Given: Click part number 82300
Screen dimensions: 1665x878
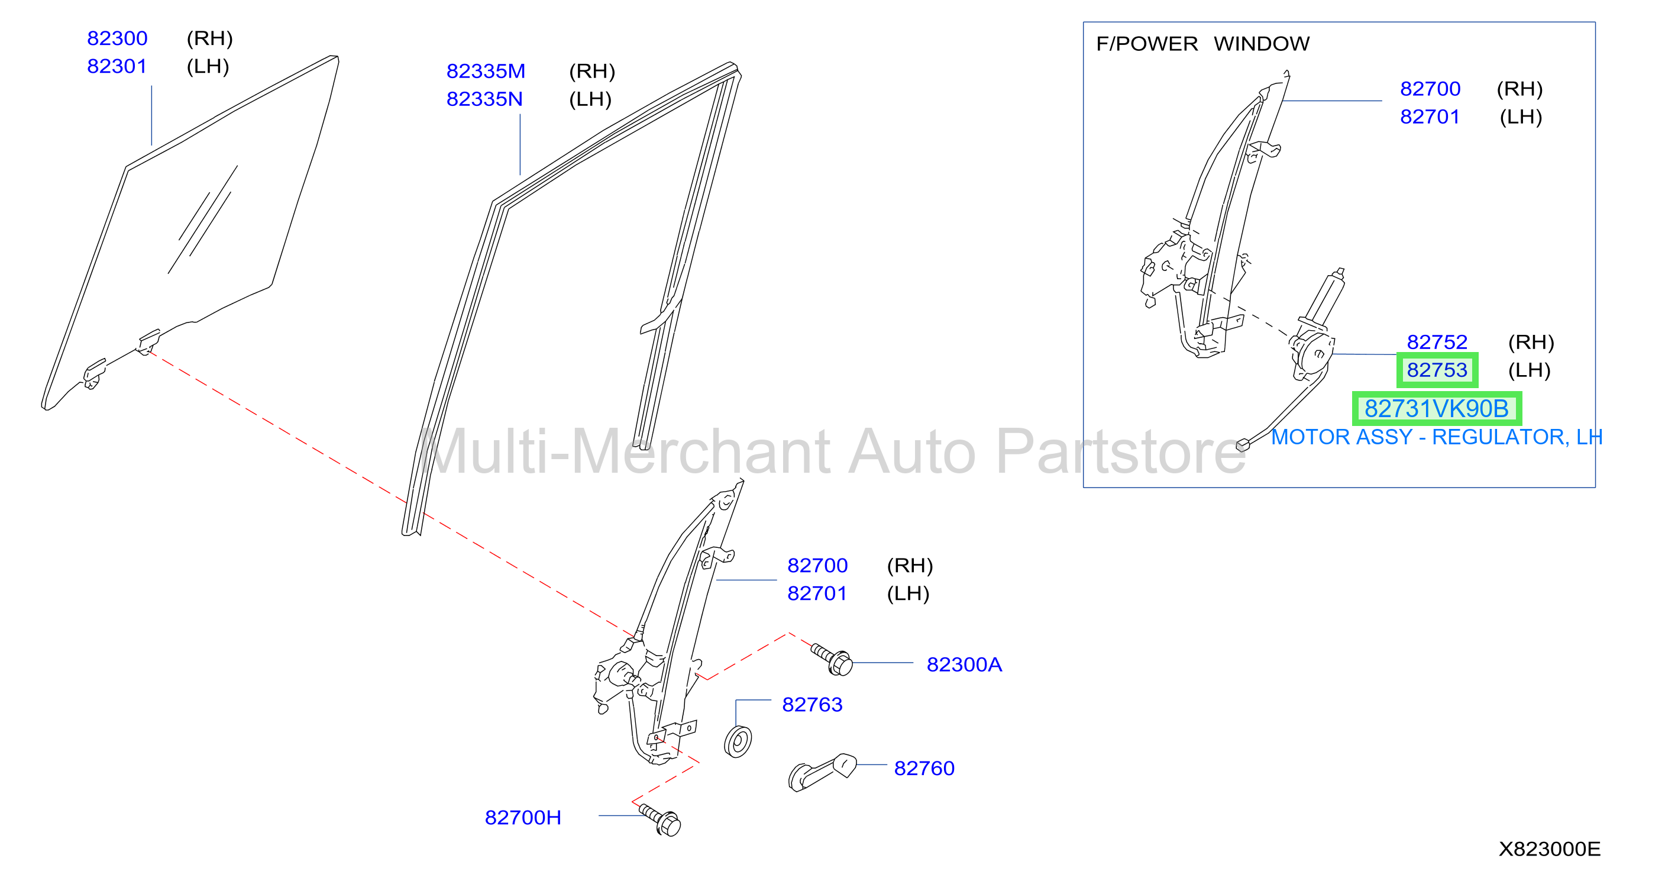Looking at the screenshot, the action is pyautogui.click(x=117, y=39).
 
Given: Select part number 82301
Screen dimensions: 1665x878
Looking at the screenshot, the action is pyautogui.click(x=117, y=67).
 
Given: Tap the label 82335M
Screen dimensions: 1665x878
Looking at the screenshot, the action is pyautogui.click(x=486, y=71).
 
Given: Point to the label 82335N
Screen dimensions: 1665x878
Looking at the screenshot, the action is pyautogui.click(x=485, y=99).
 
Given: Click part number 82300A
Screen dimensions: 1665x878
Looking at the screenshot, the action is pyautogui.click(x=964, y=664).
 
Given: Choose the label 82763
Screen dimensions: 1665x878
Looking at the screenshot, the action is pyautogui.click(x=812, y=705).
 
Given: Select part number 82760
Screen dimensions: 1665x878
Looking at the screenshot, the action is pyautogui.click(x=924, y=768).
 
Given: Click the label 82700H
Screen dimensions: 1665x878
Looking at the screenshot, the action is pyautogui.click(x=523, y=818).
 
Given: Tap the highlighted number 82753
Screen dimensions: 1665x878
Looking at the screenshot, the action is pyautogui.click(x=1437, y=370).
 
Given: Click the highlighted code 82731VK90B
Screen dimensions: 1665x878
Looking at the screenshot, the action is pyautogui.click(x=1436, y=409).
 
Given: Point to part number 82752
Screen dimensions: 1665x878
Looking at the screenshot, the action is pyautogui.click(x=1437, y=342).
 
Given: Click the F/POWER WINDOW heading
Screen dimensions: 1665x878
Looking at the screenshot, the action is pyautogui.click(x=1202, y=44).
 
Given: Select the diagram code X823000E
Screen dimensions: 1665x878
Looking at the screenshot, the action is pyautogui.click(x=1549, y=849).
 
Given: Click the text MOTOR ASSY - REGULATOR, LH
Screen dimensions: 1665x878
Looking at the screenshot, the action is pyautogui.click(x=1436, y=437).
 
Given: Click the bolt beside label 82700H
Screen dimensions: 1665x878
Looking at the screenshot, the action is pyautogui.click(x=660, y=820).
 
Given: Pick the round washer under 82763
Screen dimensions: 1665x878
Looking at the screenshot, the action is pyautogui.click(x=738, y=741).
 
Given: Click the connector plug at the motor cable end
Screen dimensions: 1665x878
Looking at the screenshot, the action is pyautogui.click(x=1242, y=445).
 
